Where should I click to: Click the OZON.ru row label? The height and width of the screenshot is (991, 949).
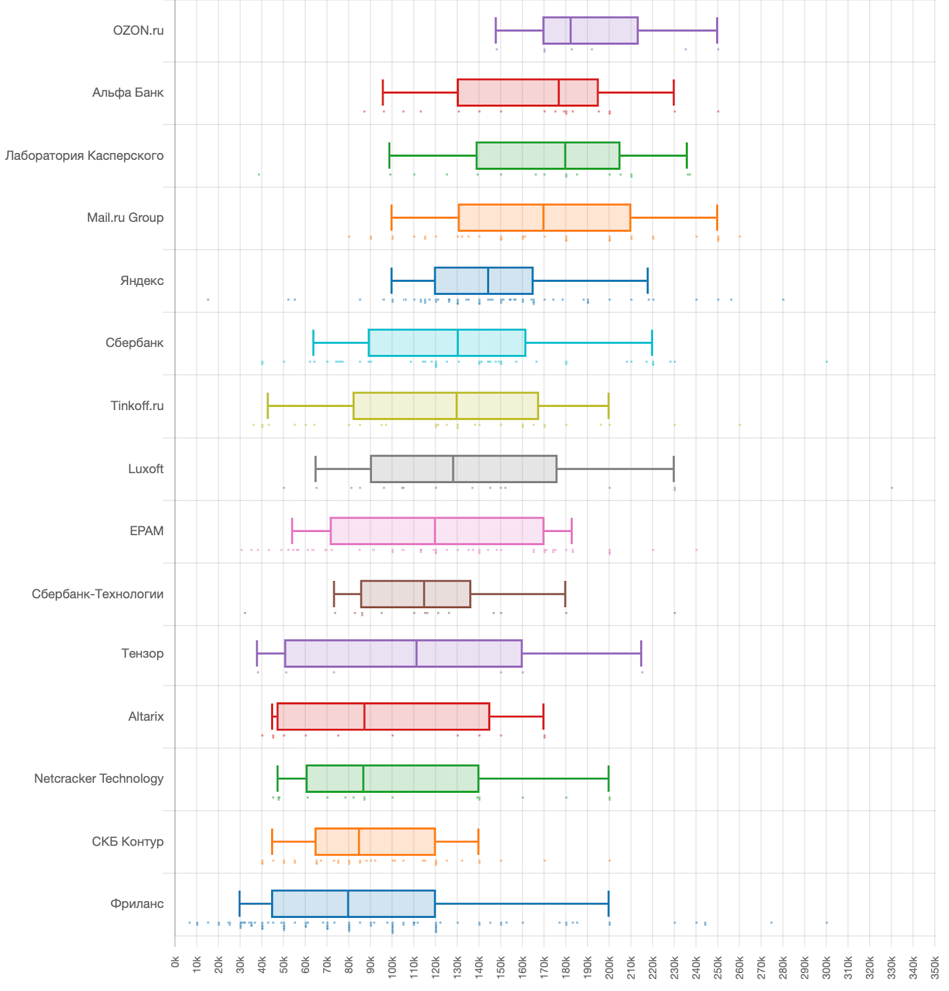point(138,30)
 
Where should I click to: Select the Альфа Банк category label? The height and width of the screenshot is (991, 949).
point(128,93)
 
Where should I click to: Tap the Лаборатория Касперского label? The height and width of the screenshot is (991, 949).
point(84,155)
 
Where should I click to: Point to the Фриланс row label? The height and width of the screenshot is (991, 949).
point(137,904)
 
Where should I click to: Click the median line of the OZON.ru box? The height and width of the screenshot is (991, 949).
point(571,30)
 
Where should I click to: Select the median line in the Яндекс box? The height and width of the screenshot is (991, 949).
point(488,281)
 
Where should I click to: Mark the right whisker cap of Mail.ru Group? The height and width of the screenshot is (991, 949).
point(717,218)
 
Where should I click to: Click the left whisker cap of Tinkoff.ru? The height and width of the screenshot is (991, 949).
point(267,406)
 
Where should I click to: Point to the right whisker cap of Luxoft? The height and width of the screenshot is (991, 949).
point(674,469)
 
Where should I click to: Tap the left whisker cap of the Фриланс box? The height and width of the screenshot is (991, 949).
point(240,904)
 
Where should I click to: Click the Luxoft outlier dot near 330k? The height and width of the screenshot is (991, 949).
point(891,488)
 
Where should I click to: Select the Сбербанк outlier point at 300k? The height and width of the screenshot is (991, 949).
point(826,362)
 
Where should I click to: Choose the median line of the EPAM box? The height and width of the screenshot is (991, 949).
point(435,531)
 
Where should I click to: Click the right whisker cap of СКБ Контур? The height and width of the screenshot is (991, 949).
point(479,842)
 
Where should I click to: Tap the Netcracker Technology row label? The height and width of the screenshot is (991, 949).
point(98,779)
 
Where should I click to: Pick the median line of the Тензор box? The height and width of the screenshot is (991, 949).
point(417,653)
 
